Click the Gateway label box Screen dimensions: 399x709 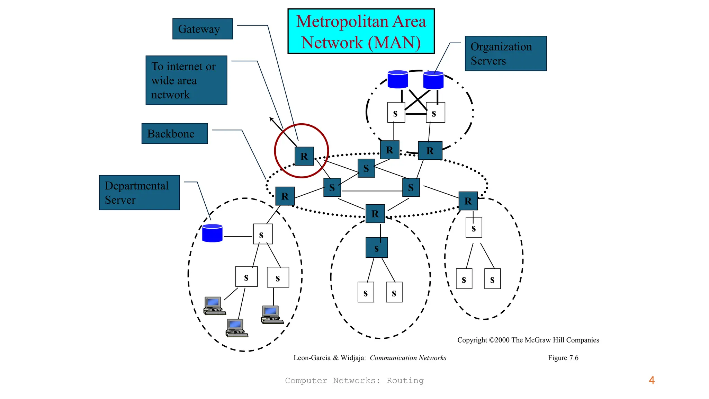[x=203, y=29]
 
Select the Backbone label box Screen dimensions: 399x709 [x=174, y=134]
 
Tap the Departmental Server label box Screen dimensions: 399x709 [x=139, y=193]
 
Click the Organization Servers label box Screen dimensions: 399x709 [x=505, y=54]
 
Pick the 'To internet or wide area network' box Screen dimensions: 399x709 [x=186, y=80]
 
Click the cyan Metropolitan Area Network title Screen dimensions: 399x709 [x=361, y=32]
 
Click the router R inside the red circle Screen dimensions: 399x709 [x=304, y=156]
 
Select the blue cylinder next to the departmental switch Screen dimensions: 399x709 [x=212, y=233]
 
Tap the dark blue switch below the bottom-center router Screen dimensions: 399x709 [x=377, y=248]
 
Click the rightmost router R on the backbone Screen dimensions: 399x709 [x=468, y=201]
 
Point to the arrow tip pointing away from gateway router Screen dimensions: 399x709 [x=270, y=118]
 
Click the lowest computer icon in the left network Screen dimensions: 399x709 [x=236, y=328]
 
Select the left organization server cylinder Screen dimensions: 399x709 [x=398, y=79]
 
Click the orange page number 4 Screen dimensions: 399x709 [x=652, y=380]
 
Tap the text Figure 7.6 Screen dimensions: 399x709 [x=563, y=358]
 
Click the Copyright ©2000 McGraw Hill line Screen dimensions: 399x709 [x=528, y=340]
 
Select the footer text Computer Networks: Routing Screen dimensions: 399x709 [x=354, y=381]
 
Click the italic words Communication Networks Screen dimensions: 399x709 [x=408, y=358]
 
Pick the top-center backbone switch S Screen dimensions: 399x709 [x=366, y=168]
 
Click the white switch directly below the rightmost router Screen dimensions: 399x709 [x=474, y=228]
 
